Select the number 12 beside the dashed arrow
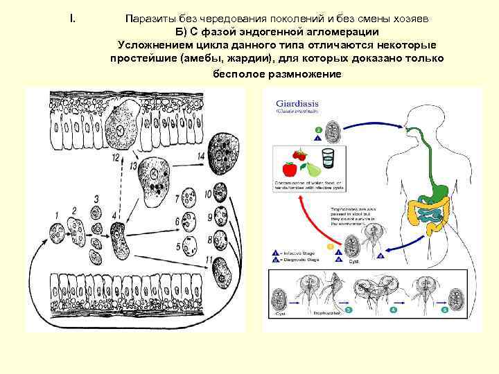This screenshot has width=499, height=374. click(x=116, y=158)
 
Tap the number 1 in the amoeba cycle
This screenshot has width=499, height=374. click(x=56, y=215)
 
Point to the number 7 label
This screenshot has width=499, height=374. click(x=179, y=199)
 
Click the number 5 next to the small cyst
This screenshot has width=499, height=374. click(x=179, y=247)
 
